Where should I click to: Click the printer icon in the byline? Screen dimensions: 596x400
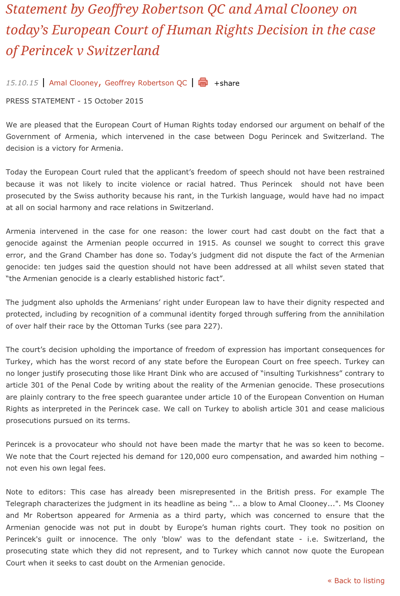203,82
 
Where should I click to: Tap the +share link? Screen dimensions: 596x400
227,83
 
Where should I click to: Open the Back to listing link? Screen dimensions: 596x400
356,581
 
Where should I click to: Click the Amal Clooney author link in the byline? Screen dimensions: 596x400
73,83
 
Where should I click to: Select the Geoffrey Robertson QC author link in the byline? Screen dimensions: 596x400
146,83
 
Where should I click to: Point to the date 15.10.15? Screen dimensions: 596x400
22,83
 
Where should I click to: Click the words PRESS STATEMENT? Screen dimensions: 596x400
40,101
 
